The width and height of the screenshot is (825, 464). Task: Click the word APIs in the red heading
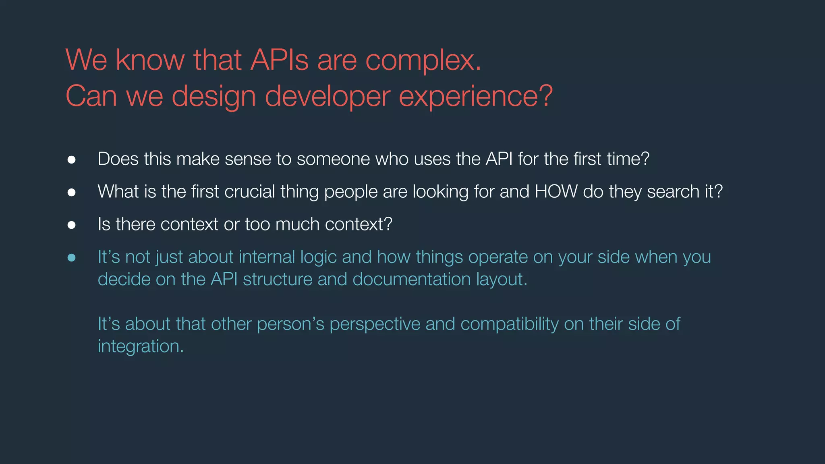coord(279,60)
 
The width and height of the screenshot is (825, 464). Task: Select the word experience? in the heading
coord(476,97)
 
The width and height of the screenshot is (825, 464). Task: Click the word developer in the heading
coord(327,97)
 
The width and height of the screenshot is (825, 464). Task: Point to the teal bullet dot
coord(71,258)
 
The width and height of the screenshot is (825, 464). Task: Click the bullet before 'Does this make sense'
coord(71,160)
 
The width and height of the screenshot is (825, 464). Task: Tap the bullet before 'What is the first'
coord(71,193)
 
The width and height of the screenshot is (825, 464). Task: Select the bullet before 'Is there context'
coord(71,225)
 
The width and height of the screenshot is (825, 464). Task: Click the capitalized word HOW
coord(556,191)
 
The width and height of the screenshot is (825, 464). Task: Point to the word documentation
coord(411,279)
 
